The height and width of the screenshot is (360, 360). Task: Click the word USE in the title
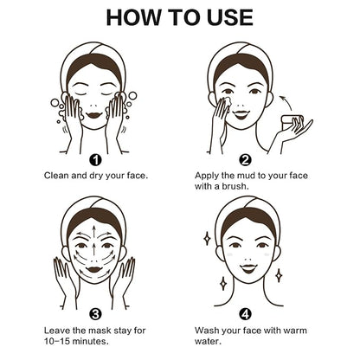click(x=230, y=17)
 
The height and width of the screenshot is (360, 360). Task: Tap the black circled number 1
click(x=95, y=160)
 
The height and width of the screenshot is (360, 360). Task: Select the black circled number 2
click(x=245, y=160)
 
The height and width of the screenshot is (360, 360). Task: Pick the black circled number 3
click(x=95, y=314)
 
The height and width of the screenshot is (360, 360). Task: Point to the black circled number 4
click(x=245, y=314)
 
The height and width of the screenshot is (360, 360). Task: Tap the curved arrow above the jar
click(x=286, y=103)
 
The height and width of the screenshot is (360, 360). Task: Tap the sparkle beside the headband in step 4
click(x=207, y=239)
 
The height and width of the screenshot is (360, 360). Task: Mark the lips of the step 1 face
click(x=93, y=115)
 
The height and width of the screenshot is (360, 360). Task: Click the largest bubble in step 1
click(x=132, y=96)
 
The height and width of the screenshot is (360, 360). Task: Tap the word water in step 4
click(x=208, y=342)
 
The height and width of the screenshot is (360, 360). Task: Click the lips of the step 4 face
click(x=249, y=269)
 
